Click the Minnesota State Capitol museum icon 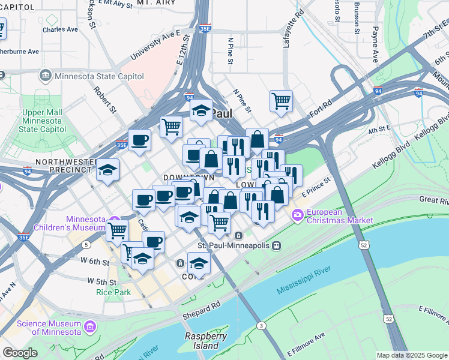click(x=45, y=76)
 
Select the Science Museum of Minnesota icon click(x=90, y=328)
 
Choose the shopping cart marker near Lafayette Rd click(x=280, y=101)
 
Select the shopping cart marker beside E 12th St click(x=171, y=126)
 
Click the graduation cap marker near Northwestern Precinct click(x=108, y=170)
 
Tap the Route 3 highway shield click(x=261, y=325)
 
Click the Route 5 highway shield click(x=87, y=245)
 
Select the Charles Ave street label click(x=60, y=29)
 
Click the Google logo click(x=20, y=353)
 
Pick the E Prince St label click(x=316, y=188)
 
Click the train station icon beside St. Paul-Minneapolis click(x=276, y=245)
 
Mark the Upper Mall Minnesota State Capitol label click(x=44, y=121)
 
